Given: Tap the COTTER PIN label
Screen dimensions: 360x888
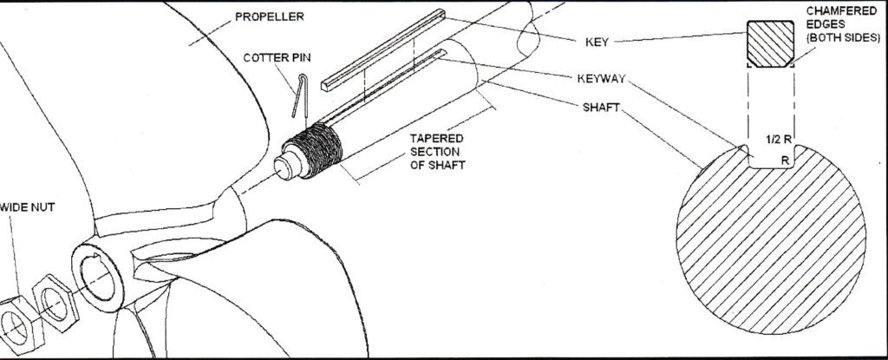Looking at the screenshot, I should click(x=272, y=57).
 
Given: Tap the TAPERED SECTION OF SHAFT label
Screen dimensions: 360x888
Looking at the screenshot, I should click(x=438, y=153).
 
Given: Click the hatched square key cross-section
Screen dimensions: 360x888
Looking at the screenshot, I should click(x=770, y=45).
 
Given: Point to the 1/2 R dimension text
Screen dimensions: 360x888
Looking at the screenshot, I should click(x=778, y=140).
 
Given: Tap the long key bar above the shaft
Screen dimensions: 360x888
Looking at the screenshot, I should click(x=390, y=52).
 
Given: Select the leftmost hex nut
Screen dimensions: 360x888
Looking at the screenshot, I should click(x=12, y=313).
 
